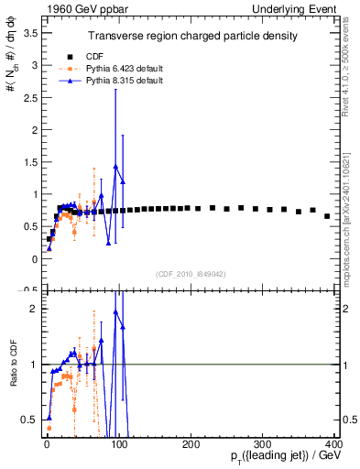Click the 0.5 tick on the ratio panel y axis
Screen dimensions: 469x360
point(27,420)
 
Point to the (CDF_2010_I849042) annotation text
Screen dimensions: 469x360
point(191,272)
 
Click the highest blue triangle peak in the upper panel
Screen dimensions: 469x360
point(115,167)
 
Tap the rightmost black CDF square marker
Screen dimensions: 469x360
point(327,216)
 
